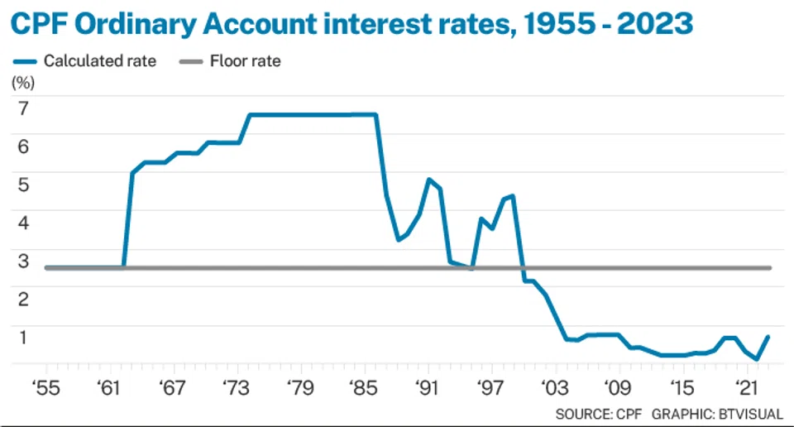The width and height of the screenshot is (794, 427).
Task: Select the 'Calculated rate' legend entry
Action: [99, 61]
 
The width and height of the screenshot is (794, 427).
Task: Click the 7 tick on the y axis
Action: [23, 107]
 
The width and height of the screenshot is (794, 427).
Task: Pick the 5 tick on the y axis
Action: [23, 184]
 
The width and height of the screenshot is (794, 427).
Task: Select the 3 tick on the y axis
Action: [23, 261]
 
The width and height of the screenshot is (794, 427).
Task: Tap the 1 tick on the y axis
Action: [23, 337]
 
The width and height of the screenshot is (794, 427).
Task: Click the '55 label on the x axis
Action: [45, 387]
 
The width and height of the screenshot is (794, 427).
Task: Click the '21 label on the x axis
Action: [746, 387]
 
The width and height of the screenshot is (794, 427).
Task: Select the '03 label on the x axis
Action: [555, 387]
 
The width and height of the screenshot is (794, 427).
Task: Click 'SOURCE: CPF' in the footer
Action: [599, 412]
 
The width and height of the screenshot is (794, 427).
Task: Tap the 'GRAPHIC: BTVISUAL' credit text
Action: [717, 412]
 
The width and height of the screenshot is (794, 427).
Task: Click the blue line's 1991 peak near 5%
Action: [428, 179]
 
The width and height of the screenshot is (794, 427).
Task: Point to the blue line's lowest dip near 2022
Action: [757, 359]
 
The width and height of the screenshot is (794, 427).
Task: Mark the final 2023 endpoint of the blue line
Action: [768, 336]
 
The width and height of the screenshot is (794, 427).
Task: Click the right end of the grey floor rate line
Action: [769, 267]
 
